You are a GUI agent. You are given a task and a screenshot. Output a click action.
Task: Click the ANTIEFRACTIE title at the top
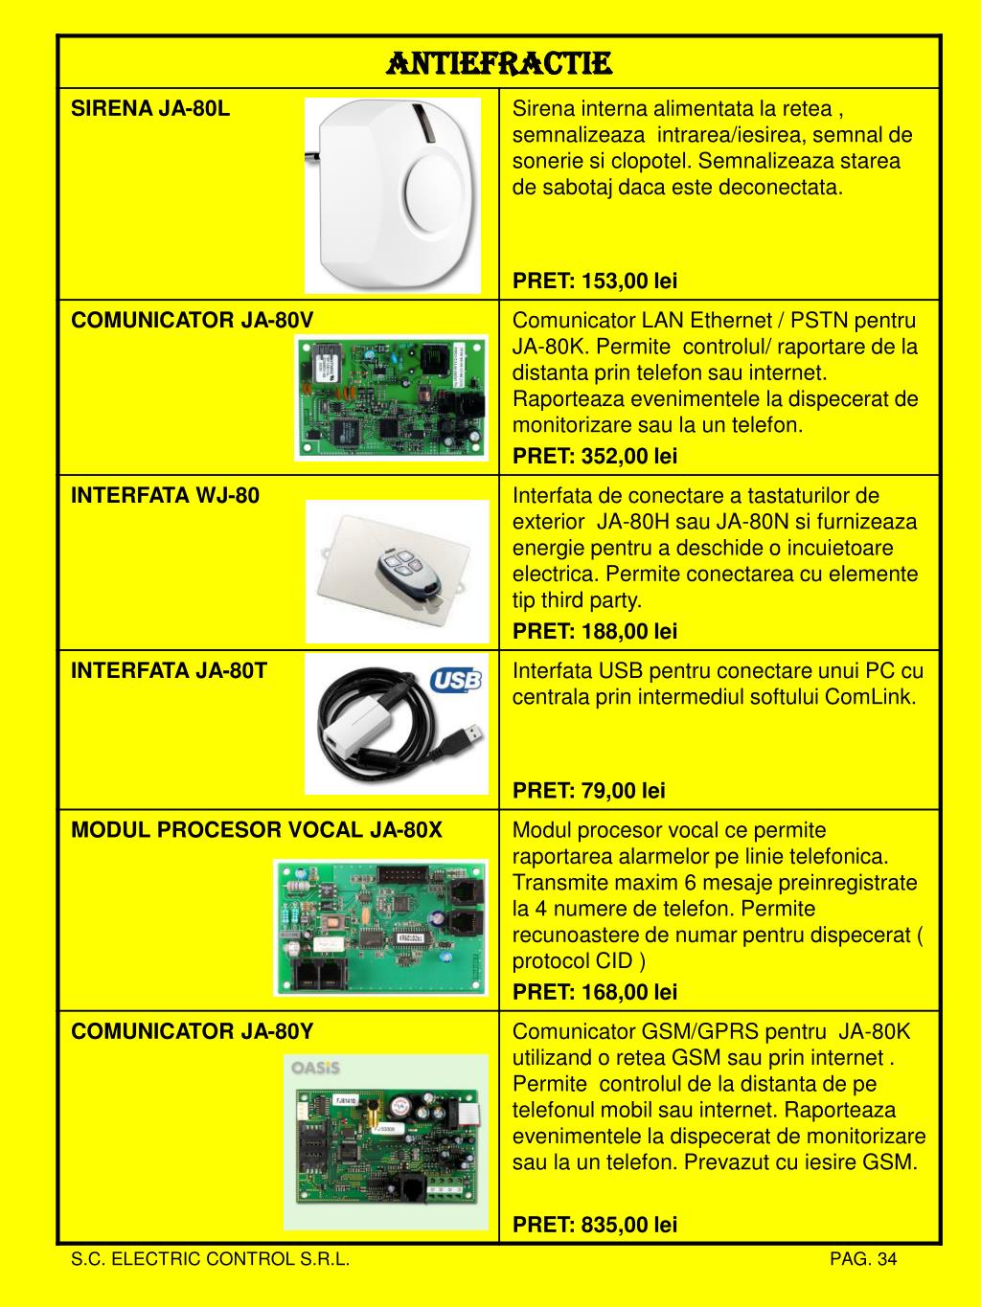click(499, 63)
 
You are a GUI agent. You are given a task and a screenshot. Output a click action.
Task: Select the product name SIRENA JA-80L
click(150, 108)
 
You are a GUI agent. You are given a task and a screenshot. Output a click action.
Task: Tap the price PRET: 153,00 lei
click(595, 281)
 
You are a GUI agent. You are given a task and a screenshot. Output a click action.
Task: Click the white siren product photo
click(393, 195)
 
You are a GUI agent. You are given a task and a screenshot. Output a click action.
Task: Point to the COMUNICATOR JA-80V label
click(192, 320)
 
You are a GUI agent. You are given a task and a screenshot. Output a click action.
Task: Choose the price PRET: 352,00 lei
click(595, 456)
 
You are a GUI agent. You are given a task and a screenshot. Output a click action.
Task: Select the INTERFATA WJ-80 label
click(165, 495)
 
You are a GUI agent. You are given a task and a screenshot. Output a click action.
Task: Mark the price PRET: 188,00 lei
click(595, 631)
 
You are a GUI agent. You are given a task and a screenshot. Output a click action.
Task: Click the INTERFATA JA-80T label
click(169, 670)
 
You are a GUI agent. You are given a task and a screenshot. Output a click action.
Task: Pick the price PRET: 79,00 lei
click(589, 790)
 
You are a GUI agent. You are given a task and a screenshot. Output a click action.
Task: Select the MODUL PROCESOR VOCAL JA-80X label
click(257, 830)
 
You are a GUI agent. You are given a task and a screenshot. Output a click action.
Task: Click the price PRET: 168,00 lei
click(595, 991)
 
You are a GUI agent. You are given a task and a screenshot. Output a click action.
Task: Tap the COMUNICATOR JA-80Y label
click(192, 1031)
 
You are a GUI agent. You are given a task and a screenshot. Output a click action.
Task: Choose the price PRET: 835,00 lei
click(595, 1224)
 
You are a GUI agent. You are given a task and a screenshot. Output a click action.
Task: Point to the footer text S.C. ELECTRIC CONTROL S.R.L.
click(210, 1258)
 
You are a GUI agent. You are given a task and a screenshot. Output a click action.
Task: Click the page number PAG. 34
click(863, 1258)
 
